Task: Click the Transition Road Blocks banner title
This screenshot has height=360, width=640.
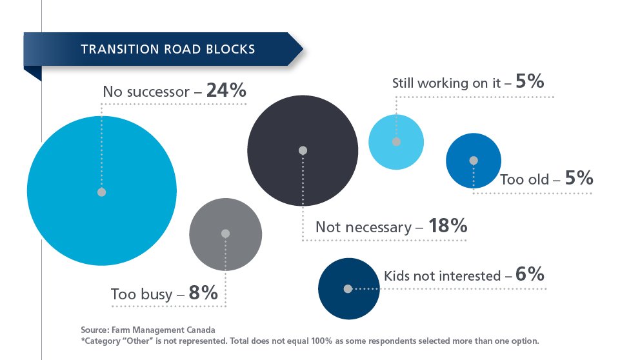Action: [x=168, y=50]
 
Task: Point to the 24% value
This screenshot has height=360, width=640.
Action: [x=226, y=91]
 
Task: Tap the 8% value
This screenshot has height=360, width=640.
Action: [x=203, y=294]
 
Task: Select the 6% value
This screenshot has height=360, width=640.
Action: [x=530, y=275]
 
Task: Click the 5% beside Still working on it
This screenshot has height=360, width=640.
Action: [x=530, y=83]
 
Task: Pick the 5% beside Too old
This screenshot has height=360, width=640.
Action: [x=579, y=179]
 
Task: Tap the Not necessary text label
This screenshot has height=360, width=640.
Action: [x=363, y=228]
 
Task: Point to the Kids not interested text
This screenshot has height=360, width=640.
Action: [x=442, y=276]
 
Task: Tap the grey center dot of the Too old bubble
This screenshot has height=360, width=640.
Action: [x=474, y=161]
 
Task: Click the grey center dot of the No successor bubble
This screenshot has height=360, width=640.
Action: [x=101, y=192]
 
